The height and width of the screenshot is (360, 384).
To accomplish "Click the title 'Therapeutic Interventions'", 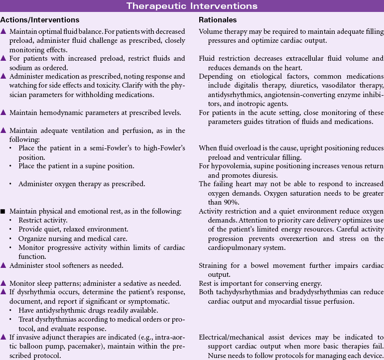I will tap(192, 6).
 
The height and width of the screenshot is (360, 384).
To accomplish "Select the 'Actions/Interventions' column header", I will tap(40, 20).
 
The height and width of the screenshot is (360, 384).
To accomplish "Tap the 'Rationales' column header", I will tap(217, 20).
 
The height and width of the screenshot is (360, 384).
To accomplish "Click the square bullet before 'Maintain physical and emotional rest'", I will tap(3, 211).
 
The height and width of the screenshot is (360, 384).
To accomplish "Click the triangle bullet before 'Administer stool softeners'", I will tap(3, 265).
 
